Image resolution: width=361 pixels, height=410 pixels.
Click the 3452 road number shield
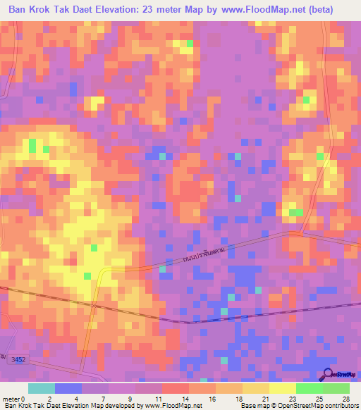click(18, 360)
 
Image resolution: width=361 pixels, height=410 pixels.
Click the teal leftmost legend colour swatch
click(41, 387)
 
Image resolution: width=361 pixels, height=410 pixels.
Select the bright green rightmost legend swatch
click(336, 387)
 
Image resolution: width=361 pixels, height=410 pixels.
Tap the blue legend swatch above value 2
click(68, 387)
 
